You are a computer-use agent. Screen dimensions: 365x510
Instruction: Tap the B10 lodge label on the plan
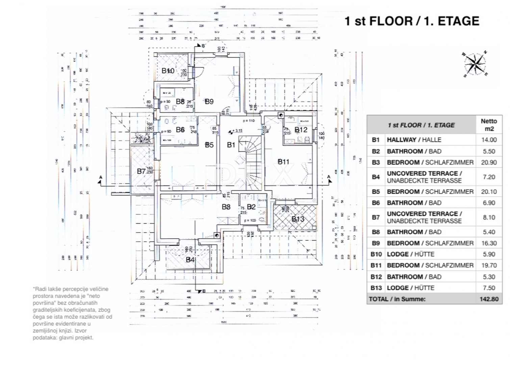[x=168, y=71]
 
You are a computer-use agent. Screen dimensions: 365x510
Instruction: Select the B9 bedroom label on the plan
[x=209, y=101]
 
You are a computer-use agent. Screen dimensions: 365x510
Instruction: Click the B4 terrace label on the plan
[x=190, y=260]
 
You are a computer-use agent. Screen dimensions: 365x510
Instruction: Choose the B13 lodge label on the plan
[x=298, y=219]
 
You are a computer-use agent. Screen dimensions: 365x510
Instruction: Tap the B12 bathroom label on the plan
[x=301, y=130]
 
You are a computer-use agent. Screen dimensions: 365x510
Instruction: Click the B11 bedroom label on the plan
[x=283, y=162]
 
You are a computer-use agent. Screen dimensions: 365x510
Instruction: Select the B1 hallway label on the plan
[x=231, y=145]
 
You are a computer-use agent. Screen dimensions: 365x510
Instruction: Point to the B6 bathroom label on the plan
[x=180, y=130]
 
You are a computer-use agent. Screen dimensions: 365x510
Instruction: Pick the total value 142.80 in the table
[x=489, y=299]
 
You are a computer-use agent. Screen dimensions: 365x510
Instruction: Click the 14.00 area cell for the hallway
[x=489, y=140]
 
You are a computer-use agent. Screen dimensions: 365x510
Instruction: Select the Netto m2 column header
[x=489, y=125]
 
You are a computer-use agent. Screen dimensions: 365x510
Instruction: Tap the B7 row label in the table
[x=376, y=217]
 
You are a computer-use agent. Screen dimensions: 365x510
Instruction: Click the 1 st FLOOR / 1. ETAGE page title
[x=412, y=21]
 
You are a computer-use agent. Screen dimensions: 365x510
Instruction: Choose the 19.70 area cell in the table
[x=489, y=265]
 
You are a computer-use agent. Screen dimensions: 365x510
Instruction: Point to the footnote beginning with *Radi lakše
[x=72, y=313]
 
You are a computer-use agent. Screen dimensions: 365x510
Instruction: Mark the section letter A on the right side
[x=329, y=177]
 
